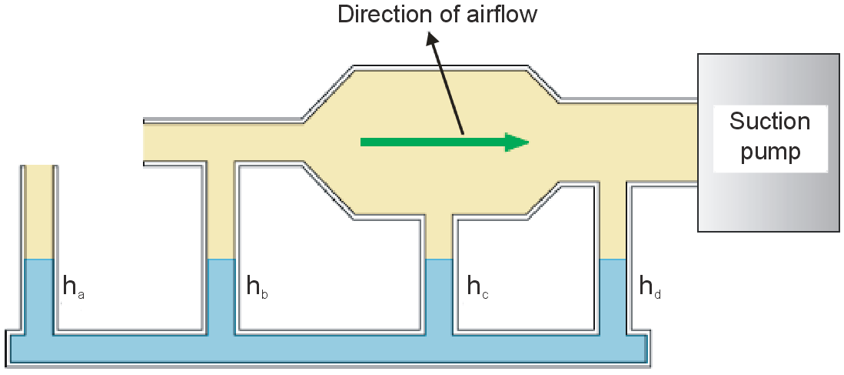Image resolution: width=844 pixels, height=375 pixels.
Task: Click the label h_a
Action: coord(72,289)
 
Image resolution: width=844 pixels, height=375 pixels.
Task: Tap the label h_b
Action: coord(257,289)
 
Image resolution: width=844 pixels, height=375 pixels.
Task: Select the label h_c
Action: coord(479,289)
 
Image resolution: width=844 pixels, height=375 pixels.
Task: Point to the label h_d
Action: coord(650,289)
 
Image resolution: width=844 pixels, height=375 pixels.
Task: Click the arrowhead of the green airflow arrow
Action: coord(517,142)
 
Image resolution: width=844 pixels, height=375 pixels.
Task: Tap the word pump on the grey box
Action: coord(769,152)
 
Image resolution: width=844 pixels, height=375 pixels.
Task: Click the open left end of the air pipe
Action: coord(146,142)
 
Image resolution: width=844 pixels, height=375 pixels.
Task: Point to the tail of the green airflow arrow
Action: coord(364,142)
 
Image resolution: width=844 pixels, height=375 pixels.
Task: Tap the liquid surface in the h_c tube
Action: coord(440,259)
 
